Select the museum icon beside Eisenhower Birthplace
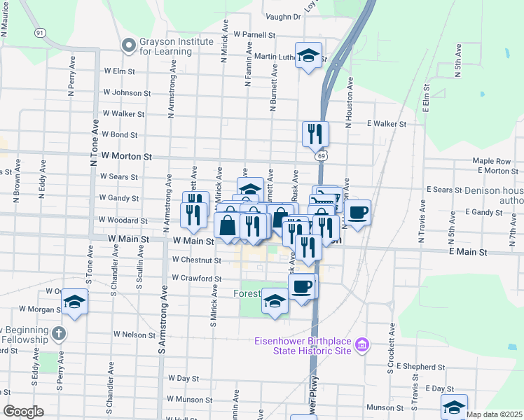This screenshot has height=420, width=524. (361, 344)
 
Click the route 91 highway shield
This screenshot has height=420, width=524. (40, 33)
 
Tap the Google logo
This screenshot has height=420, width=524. (23, 412)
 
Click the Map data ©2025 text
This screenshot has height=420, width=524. (495, 414)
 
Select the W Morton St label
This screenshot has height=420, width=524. (126, 156)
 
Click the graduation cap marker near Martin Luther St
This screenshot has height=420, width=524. (308, 57)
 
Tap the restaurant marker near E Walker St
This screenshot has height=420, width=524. (315, 133)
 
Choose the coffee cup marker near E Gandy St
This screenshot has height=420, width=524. (357, 213)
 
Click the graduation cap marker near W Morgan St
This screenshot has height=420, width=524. (75, 302)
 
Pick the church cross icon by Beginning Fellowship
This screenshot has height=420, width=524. (58, 333)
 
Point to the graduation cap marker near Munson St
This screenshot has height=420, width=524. (453, 407)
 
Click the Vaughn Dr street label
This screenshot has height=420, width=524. (282, 16)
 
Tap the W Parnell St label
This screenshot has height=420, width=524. (255, 34)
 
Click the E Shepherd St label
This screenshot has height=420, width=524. (420, 366)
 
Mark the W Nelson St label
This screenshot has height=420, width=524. (134, 335)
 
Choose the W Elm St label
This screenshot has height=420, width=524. (118, 71)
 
